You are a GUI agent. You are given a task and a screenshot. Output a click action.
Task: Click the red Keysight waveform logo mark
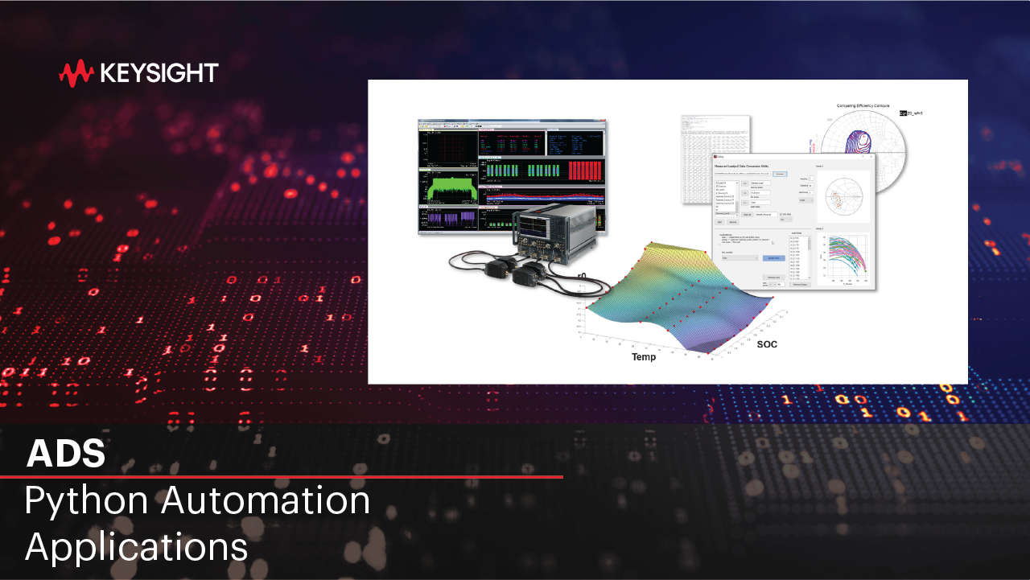[x=76, y=74]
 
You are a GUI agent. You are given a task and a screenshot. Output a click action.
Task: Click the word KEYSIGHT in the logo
[x=159, y=74]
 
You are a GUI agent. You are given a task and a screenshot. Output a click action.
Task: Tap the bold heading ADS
[x=66, y=454]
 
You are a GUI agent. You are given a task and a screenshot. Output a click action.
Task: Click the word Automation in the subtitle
[x=266, y=501]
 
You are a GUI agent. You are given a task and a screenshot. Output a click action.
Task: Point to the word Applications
[x=136, y=547]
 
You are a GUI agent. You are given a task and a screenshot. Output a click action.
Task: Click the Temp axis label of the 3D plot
[x=644, y=356]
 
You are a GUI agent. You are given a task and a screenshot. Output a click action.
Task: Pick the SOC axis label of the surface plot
[x=767, y=344]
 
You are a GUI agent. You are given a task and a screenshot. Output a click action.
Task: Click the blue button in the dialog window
[x=773, y=258]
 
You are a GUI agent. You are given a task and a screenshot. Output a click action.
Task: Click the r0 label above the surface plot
[x=581, y=276]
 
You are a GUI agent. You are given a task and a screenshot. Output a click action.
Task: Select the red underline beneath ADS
[x=282, y=476]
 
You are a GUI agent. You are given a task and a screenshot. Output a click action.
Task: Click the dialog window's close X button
[x=871, y=157]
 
